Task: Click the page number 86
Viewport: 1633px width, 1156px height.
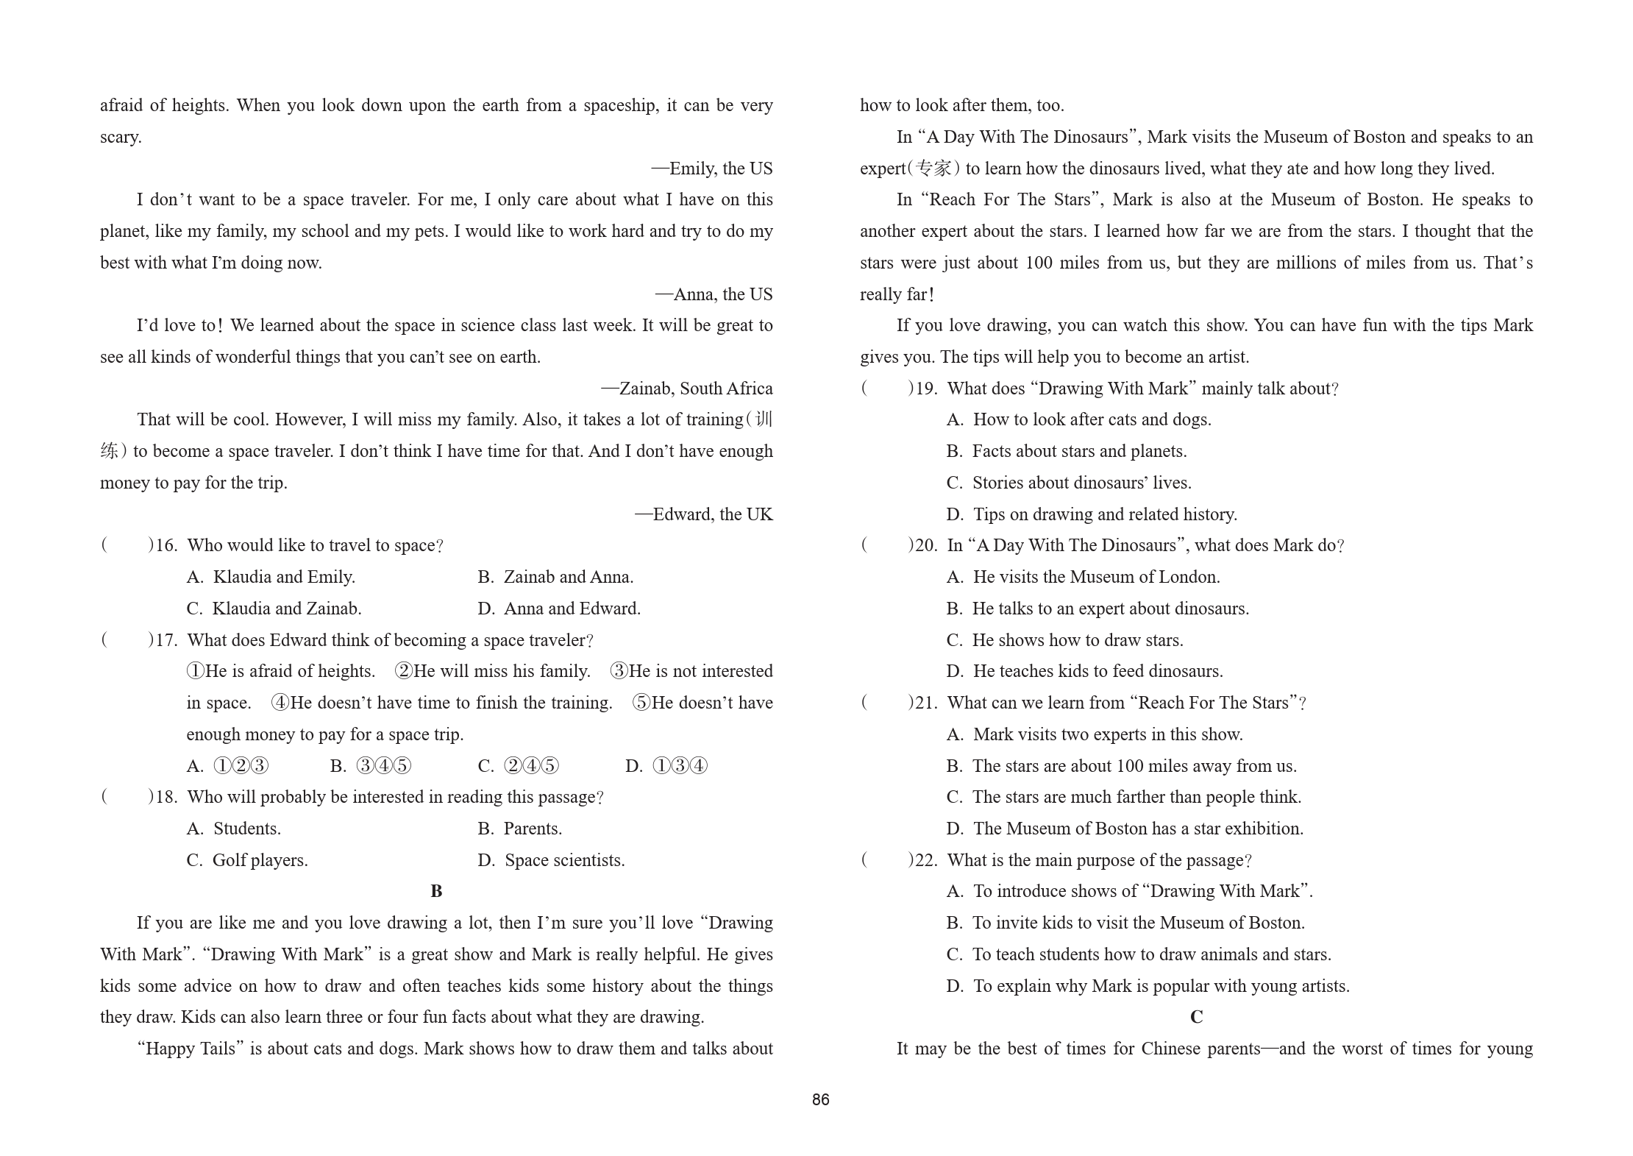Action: (820, 1099)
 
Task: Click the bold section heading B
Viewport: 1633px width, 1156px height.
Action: (436, 891)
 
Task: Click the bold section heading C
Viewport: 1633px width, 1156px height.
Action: (1196, 1017)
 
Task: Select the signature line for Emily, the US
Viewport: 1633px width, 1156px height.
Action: (711, 169)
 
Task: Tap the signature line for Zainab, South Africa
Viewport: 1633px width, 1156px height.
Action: (686, 389)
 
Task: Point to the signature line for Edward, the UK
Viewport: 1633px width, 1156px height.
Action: (703, 514)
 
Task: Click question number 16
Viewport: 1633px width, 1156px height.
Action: (166, 545)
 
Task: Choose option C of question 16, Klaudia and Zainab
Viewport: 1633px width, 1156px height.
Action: (274, 609)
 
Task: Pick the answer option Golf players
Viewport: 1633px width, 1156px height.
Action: (247, 860)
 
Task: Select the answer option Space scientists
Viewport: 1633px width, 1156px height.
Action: (551, 860)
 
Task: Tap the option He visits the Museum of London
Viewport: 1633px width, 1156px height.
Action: (1083, 577)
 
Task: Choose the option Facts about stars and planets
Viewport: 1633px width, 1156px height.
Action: (1067, 451)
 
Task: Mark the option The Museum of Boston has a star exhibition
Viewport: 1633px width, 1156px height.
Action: (1125, 829)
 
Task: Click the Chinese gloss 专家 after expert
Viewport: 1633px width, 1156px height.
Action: (933, 169)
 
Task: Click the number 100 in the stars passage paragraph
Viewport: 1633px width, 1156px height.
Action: (1039, 263)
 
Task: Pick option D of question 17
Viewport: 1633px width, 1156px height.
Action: (666, 766)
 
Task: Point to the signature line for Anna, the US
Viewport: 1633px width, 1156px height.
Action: (714, 294)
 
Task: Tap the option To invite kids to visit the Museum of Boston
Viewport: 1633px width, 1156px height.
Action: (1125, 923)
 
